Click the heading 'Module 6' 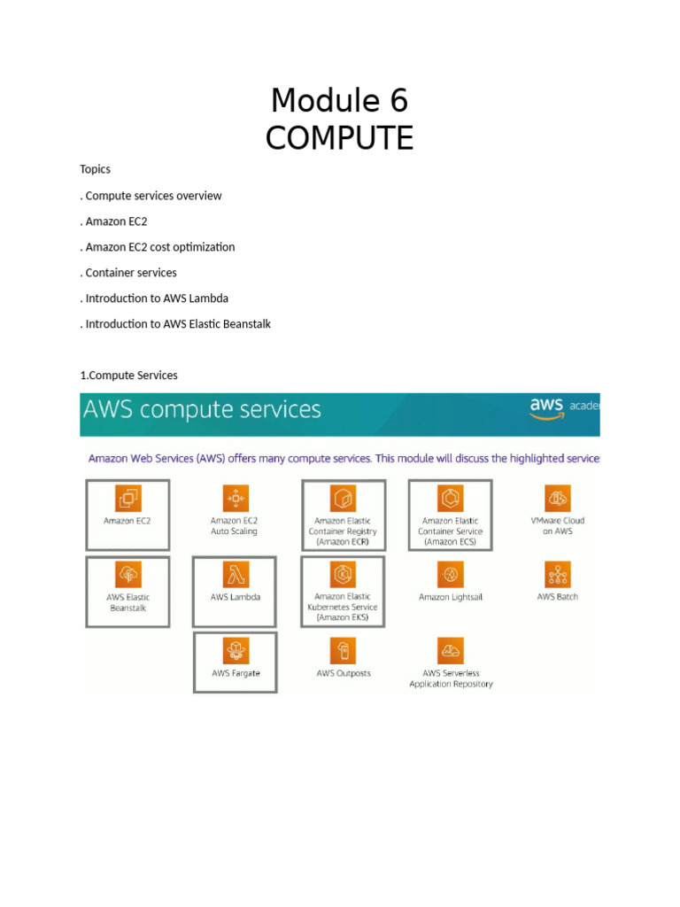[x=339, y=101]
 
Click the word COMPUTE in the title [x=339, y=138]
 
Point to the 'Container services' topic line [x=130, y=273]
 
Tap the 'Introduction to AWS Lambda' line [x=157, y=298]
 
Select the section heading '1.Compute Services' [x=128, y=376]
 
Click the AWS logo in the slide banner [x=546, y=407]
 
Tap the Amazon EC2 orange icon [x=127, y=498]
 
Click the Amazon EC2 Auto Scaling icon [x=236, y=498]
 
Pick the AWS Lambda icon [x=236, y=574]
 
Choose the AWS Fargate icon [x=236, y=650]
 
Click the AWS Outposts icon [x=343, y=650]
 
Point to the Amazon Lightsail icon [x=451, y=574]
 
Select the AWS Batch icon [x=558, y=574]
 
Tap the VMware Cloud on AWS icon [x=558, y=498]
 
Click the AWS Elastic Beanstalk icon [x=127, y=574]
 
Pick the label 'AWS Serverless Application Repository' [x=451, y=678]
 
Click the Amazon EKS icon [x=343, y=574]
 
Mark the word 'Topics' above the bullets [x=96, y=169]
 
